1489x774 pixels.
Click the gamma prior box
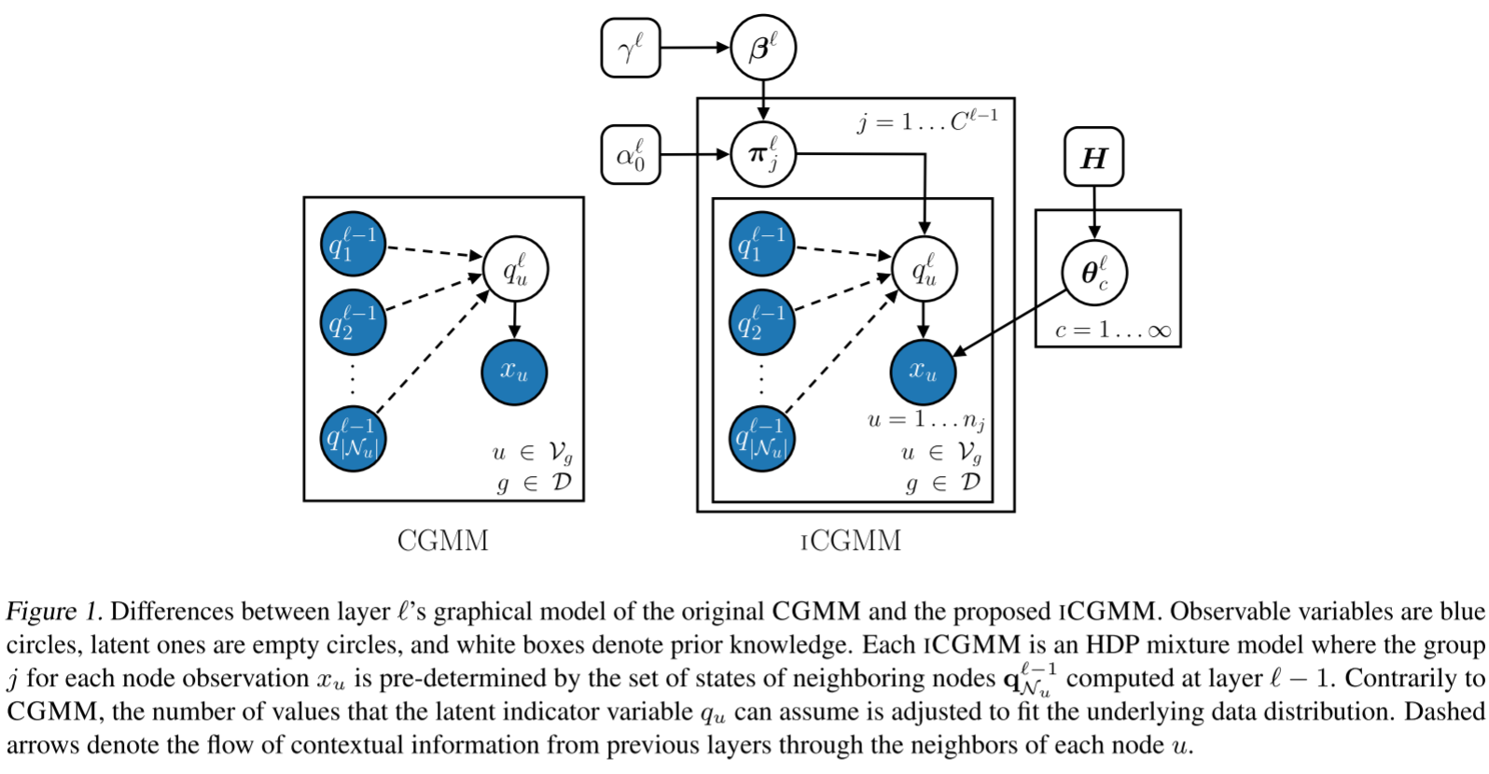pos(631,48)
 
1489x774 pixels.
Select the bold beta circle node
pos(762,48)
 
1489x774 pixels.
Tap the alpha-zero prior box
pos(631,154)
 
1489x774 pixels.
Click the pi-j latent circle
pos(762,154)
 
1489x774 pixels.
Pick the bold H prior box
pos(1093,157)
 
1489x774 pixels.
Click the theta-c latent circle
pos(1094,273)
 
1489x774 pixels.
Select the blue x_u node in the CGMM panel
pos(513,372)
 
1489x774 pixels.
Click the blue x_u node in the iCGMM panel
pos(923,372)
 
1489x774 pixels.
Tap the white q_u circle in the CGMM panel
pos(514,269)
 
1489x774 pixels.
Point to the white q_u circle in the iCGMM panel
pos(924,269)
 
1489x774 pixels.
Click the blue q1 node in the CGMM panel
pos(353,245)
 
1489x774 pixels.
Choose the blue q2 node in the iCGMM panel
pos(761,323)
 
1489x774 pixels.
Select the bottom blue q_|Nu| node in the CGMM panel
pos(353,439)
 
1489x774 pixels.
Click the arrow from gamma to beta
pos(694,48)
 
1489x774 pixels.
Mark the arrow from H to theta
pos(1094,212)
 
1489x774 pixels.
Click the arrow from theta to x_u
pos(1010,323)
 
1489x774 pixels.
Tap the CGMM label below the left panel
pos(442,541)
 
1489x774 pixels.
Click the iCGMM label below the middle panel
pos(851,541)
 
